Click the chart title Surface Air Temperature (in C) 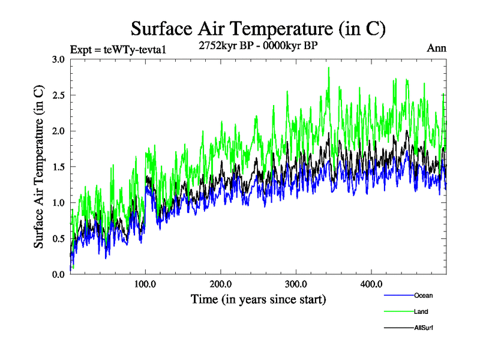[x=258, y=28]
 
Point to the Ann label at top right [x=436, y=49]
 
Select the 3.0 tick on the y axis [x=59, y=59]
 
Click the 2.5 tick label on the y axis [x=59, y=95]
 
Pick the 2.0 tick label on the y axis [x=59, y=131]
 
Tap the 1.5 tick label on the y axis [x=59, y=167]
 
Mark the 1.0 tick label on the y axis [x=59, y=202]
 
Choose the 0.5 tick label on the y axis [x=59, y=238]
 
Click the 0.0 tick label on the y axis [x=59, y=274]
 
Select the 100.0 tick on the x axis [x=146, y=284]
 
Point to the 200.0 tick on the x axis [x=221, y=284]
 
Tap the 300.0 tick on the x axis [x=296, y=284]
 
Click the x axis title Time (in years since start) [x=258, y=299]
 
